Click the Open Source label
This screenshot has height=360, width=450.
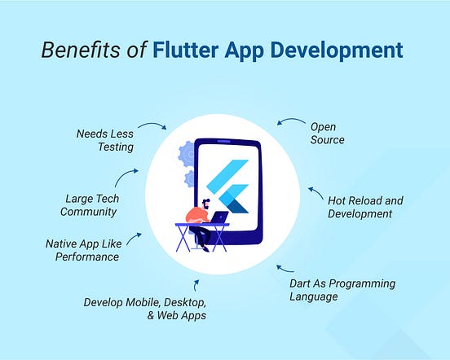[x=327, y=133]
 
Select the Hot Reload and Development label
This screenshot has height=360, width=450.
[x=364, y=207]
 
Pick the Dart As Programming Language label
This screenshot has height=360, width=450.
[x=342, y=290]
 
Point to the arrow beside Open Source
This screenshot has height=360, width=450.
[x=289, y=122]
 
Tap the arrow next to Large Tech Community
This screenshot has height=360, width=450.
[x=126, y=178]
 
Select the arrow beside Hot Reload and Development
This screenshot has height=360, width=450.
[x=315, y=193]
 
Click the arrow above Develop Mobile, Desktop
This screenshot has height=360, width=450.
[x=196, y=284]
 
